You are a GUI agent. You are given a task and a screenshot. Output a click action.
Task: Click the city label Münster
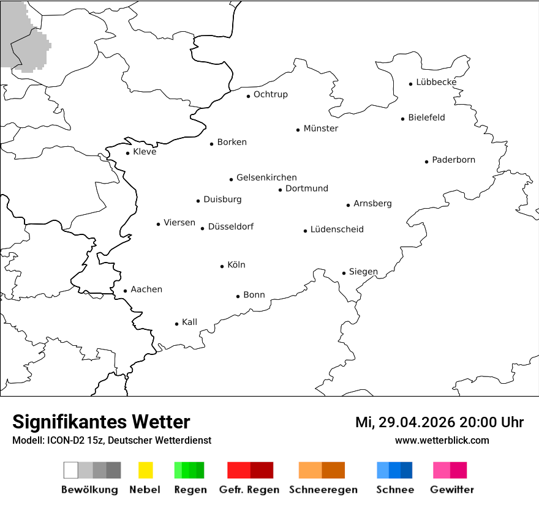point(320,129)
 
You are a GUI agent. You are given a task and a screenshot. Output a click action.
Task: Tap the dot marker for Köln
point(222,266)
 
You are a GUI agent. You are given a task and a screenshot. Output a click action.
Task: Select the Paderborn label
point(453,160)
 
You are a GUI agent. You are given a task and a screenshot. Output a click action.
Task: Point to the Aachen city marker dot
point(125,291)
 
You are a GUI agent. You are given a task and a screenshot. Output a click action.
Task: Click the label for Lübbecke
point(436,82)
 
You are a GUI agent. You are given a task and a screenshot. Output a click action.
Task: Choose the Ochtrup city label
point(270,95)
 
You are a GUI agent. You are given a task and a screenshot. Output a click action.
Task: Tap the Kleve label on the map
point(145,152)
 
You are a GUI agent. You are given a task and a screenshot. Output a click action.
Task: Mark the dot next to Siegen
point(344,274)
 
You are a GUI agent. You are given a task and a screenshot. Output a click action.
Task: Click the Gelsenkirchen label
point(266,177)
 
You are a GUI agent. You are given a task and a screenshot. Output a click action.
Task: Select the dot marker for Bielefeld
point(403,119)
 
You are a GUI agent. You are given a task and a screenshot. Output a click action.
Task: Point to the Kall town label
point(189,323)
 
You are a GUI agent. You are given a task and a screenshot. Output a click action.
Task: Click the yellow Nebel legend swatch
point(145,470)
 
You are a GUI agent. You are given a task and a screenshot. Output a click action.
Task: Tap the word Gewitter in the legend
point(451,490)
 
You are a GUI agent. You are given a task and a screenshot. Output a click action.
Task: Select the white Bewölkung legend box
point(70,470)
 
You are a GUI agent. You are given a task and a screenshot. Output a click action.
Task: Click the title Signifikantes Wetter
point(101,422)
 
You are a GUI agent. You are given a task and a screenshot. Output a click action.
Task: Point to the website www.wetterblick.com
point(442,441)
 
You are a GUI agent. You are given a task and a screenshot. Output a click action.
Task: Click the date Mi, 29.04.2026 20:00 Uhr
point(439,422)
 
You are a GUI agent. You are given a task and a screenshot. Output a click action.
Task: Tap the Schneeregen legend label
point(323,490)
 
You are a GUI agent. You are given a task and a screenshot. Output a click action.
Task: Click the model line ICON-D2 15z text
point(111,441)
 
